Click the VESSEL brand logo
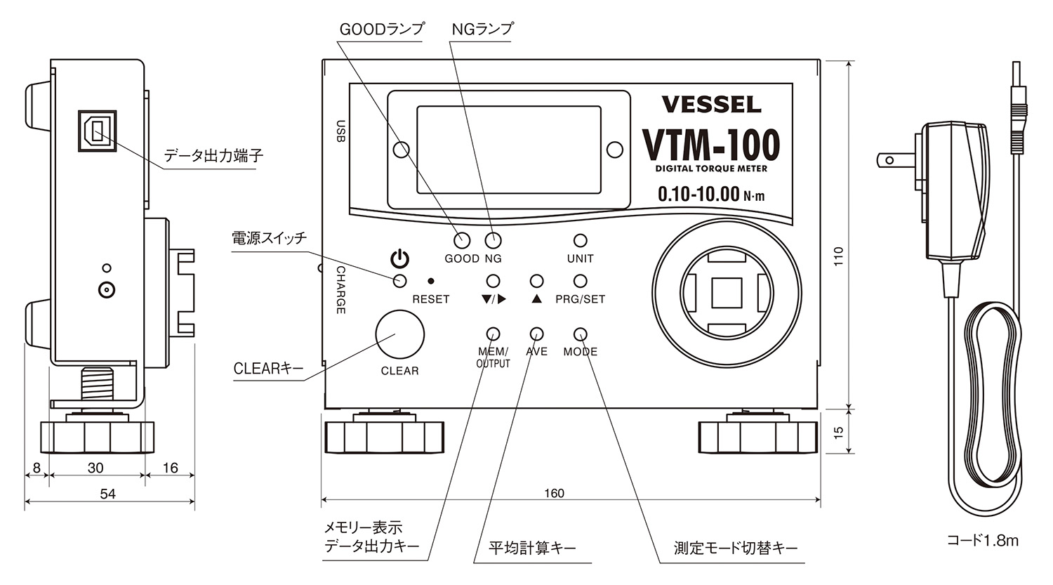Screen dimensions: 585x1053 [x=711, y=105]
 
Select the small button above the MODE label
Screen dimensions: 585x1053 [x=580, y=334]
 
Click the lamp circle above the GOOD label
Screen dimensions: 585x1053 [x=461, y=240]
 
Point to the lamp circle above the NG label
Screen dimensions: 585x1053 [x=494, y=240]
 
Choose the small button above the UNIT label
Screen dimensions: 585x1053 [x=580, y=242]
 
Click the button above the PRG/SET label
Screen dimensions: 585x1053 [x=580, y=281]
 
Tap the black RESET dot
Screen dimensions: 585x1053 [x=430, y=281]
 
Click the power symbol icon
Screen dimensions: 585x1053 [x=399, y=260]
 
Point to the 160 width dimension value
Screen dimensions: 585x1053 [x=554, y=493]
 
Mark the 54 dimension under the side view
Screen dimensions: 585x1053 [x=107, y=494]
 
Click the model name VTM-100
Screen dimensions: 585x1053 [x=711, y=145]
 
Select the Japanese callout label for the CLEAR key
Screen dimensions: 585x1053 [x=267, y=369]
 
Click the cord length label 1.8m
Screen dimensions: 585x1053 [x=982, y=541]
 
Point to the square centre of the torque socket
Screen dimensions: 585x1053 [x=727, y=293]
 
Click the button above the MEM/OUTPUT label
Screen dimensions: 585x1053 [x=493, y=334]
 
